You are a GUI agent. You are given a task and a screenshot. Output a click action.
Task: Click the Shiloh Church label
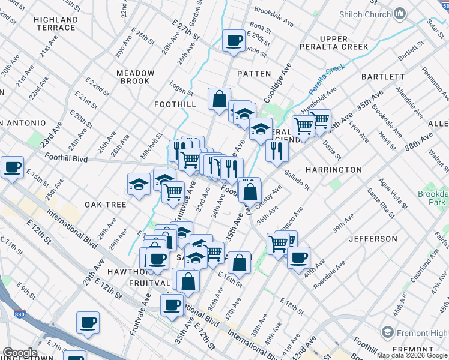point(361,14)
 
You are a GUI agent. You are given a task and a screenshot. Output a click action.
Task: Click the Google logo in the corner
point(20,353)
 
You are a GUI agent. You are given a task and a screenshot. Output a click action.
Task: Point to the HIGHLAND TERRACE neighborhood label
point(56,23)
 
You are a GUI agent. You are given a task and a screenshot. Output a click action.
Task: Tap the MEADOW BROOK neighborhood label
point(136,77)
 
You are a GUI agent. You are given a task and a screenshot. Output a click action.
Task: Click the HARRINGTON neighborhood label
point(333,170)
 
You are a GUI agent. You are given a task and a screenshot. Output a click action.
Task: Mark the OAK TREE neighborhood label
point(106,205)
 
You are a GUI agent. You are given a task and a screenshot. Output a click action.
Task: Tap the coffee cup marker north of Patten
point(234,41)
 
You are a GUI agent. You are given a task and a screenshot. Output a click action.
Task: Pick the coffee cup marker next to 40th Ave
point(298,258)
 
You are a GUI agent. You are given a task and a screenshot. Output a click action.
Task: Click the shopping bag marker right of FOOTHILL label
point(220,98)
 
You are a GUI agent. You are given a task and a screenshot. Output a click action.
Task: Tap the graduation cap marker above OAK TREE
point(139,184)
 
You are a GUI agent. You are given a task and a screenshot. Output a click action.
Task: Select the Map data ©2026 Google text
point(412,355)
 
